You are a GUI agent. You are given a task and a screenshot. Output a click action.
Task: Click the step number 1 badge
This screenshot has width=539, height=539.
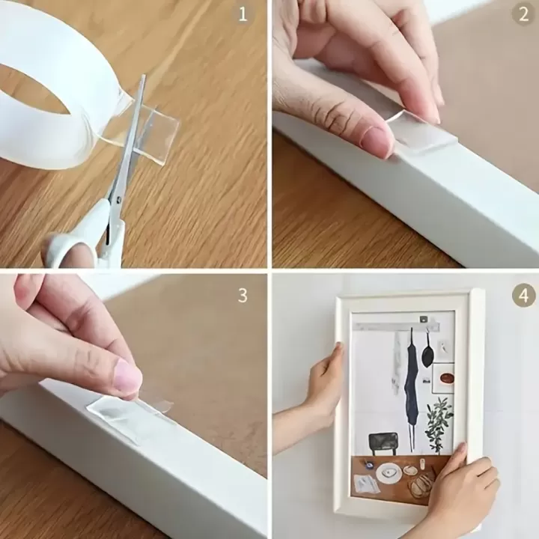tap(243, 14)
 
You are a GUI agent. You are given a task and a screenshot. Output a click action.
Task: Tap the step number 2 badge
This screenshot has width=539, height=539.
tap(523, 14)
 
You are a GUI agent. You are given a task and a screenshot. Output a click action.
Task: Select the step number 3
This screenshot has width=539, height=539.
tap(243, 295)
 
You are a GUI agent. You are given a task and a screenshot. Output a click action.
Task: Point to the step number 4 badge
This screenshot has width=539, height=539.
tap(523, 295)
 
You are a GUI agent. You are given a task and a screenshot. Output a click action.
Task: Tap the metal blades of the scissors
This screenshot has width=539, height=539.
tap(127, 150)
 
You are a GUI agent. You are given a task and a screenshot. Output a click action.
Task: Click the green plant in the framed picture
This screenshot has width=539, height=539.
tap(437, 423)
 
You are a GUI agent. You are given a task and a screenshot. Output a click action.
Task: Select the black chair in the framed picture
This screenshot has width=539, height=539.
tap(382, 442)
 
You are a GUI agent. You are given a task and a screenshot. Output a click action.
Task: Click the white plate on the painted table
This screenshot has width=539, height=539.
tap(389, 472)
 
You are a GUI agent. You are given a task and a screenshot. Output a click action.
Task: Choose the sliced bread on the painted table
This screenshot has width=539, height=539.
tap(421, 484)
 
